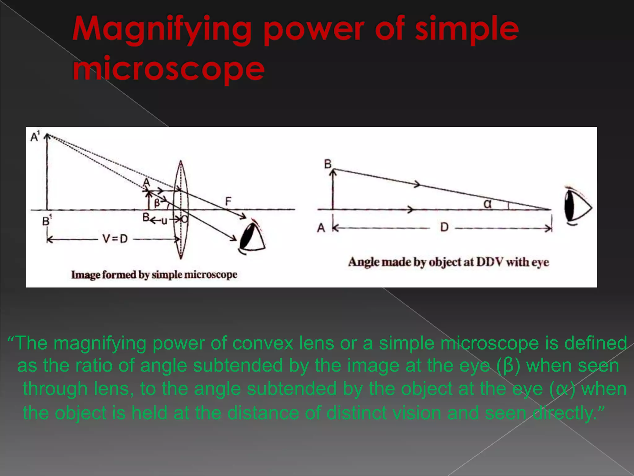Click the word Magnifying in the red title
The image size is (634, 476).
click(161, 30)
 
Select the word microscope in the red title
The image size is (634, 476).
click(169, 68)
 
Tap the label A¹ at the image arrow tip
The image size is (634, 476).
click(35, 136)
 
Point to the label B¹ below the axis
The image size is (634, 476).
click(47, 221)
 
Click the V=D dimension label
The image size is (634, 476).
click(115, 239)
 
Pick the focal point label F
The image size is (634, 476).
click(228, 202)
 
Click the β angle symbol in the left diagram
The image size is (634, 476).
click(157, 203)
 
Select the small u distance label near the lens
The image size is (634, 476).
click(164, 221)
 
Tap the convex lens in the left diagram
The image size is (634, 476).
click(180, 209)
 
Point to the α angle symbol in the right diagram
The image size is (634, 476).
click(487, 204)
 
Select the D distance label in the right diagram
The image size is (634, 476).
click(444, 227)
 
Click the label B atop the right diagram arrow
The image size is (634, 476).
click(328, 164)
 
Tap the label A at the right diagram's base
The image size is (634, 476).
click(321, 228)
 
